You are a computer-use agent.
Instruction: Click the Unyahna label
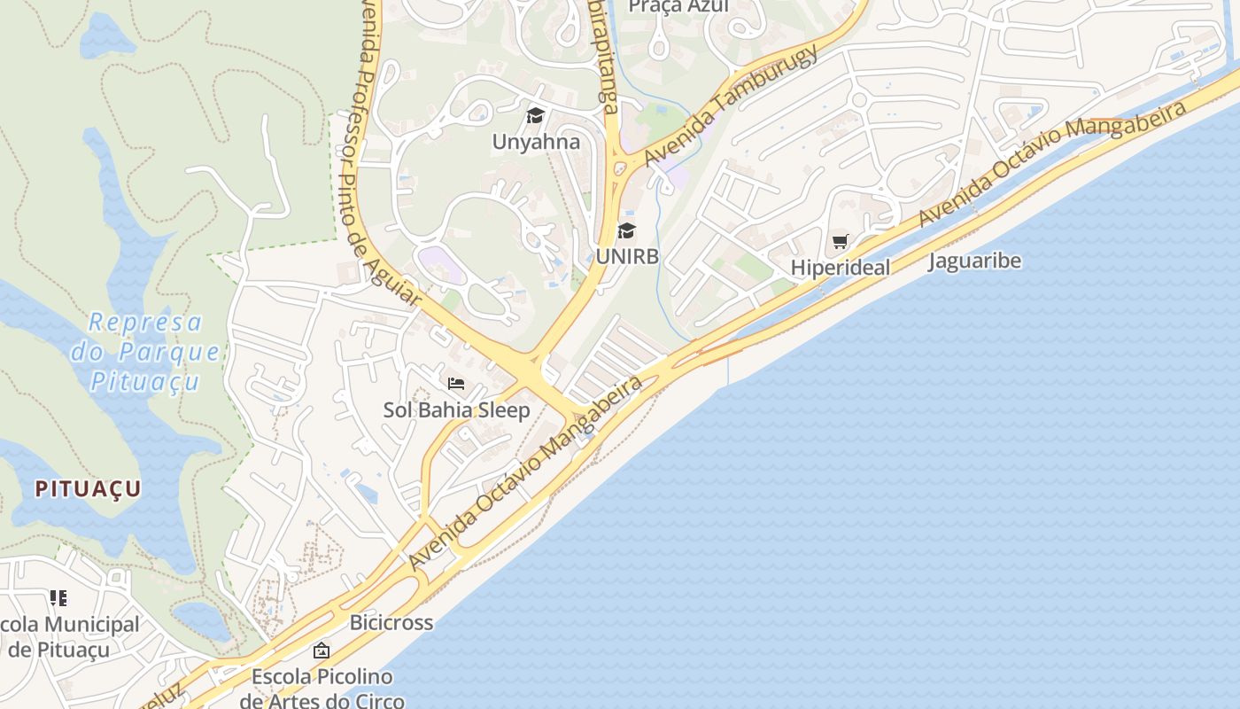pos(536,142)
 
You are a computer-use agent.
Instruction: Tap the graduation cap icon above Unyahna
pos(535,115)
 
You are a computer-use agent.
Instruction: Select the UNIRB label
pos(627,256)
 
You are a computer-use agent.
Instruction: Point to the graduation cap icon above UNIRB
pos(627,231)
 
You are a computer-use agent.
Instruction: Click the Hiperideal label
pos(840,267)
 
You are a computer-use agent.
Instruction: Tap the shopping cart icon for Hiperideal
pos(841,241)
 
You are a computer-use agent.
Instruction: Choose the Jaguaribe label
pos(974,261)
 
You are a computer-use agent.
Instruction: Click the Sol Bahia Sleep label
pos(456,410)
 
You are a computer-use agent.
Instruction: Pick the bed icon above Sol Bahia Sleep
pos(456,384)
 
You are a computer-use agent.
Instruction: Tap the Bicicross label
pos(391,622)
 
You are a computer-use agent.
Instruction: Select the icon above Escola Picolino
pos(322,651)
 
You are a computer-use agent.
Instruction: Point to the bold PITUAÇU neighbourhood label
pos(89,488)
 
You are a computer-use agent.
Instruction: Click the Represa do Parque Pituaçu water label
pos(145,352)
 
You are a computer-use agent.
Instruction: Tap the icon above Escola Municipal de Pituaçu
pos(58,598)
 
